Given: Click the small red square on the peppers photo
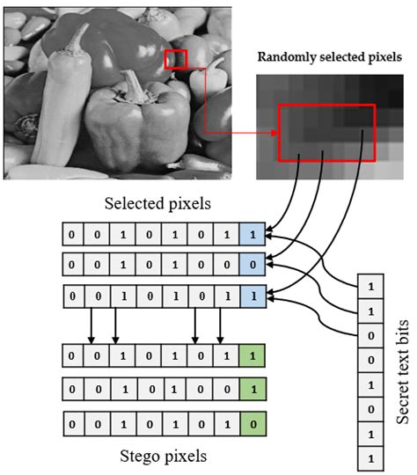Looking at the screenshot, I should [176, 59].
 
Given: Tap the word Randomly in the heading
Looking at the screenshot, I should [284, 57].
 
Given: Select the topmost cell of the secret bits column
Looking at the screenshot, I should [369, 286].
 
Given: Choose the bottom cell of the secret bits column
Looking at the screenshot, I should [369, 458].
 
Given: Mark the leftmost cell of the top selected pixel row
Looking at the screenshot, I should [71, 235].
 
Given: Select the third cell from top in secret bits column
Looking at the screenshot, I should [369, 335].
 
